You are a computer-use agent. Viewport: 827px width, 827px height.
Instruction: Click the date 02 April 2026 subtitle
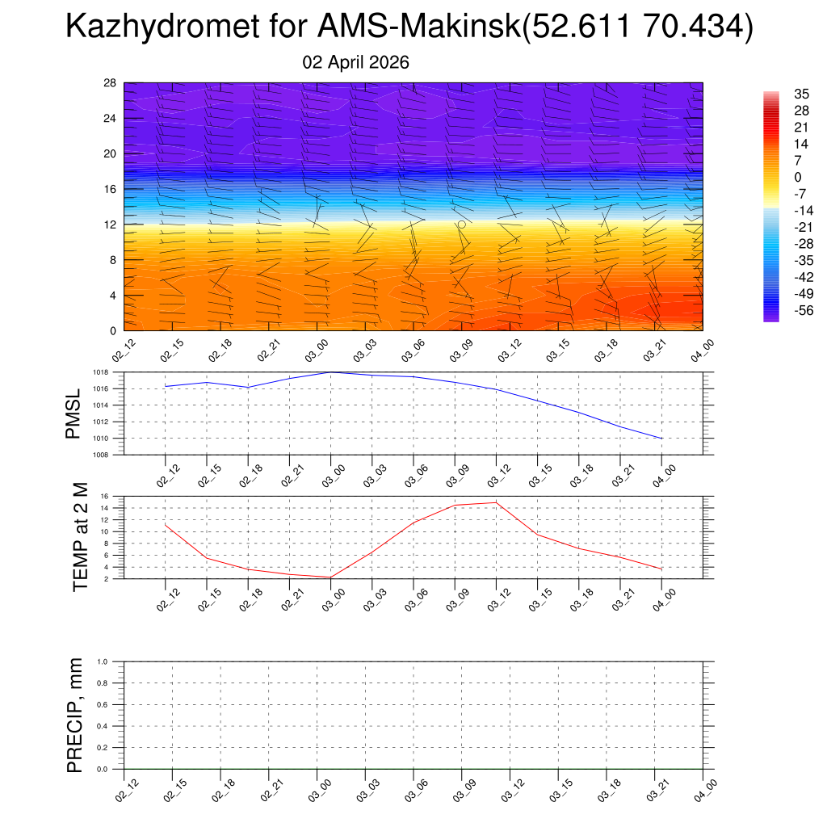point(355,62)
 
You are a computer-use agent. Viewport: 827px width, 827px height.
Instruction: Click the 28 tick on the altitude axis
point(111,83)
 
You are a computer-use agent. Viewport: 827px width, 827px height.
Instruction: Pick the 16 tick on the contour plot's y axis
point(111,189)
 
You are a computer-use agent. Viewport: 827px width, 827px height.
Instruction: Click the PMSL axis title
point(73,414)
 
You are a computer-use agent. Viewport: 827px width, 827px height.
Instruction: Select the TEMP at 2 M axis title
point(80,537)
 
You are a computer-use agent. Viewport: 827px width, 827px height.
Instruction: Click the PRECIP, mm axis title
point(75,716)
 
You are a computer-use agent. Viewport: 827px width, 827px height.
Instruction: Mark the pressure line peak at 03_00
point(331,372)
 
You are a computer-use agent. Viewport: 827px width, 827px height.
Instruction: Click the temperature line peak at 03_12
point(496,502)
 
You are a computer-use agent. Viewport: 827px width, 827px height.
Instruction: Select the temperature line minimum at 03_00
point(331,577)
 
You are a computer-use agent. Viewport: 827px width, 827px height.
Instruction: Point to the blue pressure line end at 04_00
point(662,439)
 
